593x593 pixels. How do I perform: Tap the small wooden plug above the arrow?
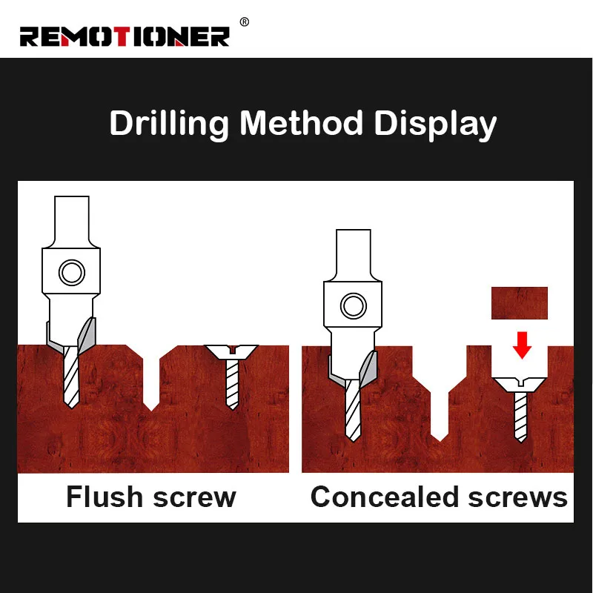coord(519,303)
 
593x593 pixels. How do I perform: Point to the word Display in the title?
coord(434,124)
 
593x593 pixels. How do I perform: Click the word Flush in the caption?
coord(104,496)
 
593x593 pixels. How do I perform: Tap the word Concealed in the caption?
coord(384,496)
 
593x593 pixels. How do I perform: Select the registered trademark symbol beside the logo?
coord(245,21)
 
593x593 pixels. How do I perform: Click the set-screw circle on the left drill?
coord(72,273)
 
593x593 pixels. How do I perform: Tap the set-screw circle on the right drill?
coord(352,305)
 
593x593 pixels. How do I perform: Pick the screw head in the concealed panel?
coord(520,384)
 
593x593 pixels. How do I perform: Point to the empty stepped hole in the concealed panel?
coord(440,400)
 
